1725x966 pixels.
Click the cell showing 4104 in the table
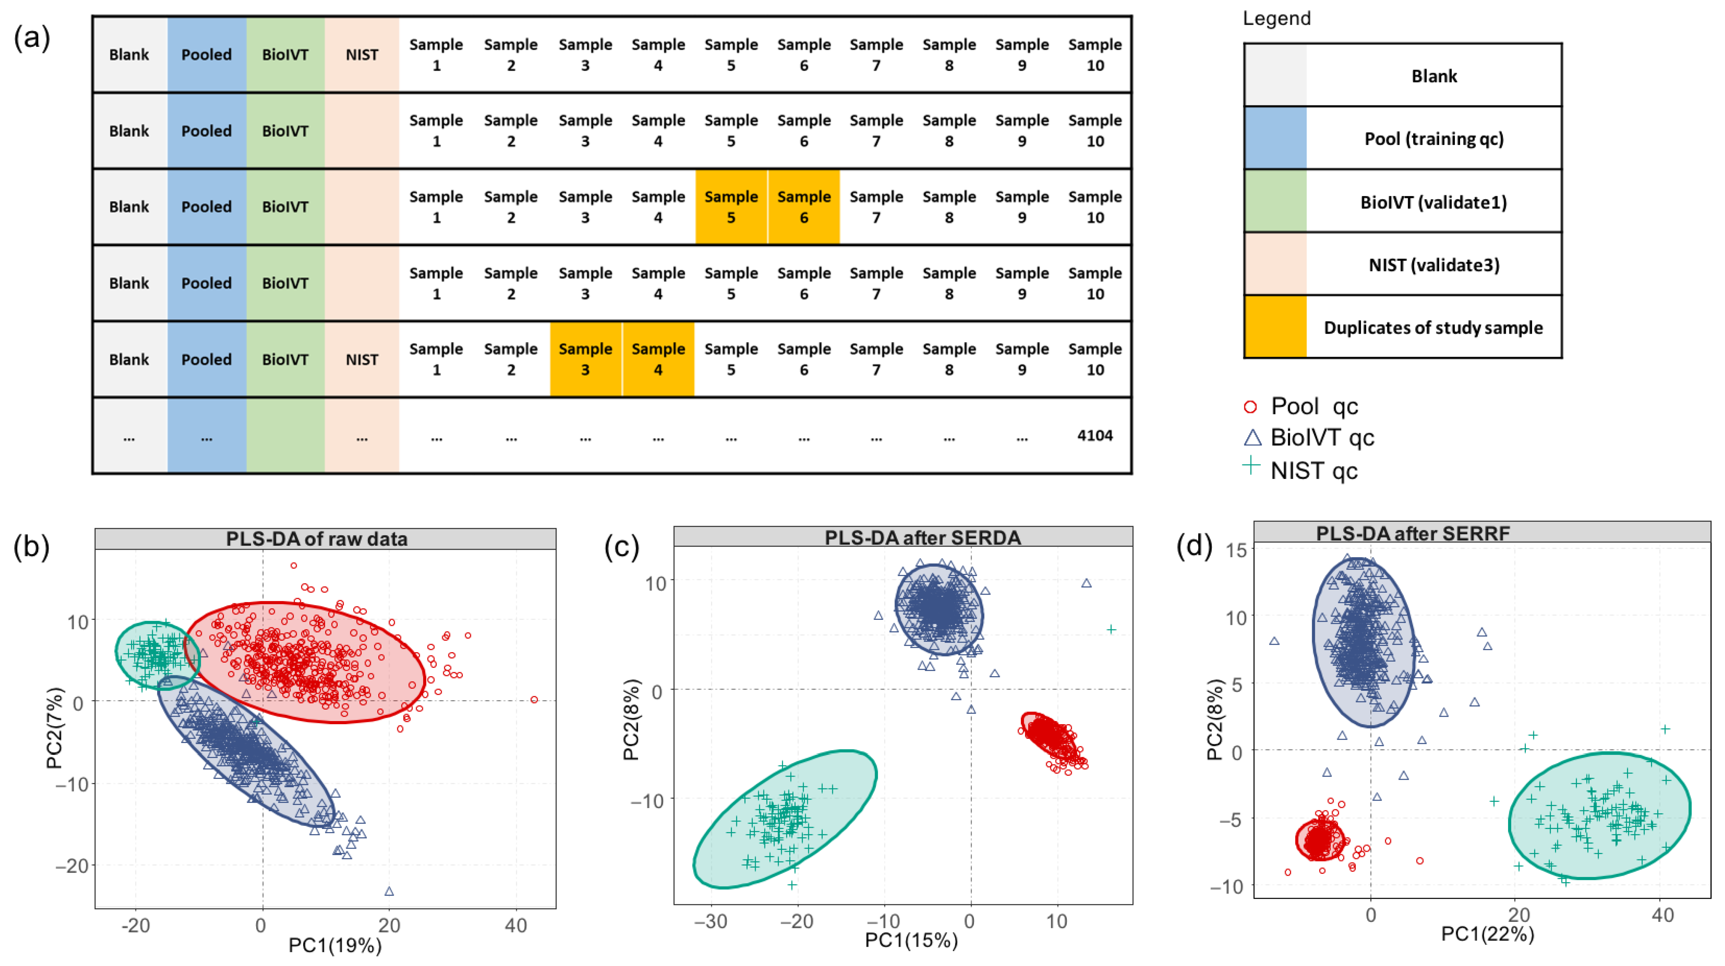click(x=1094, y=436)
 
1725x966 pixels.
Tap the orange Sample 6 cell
click(x=803, y=207)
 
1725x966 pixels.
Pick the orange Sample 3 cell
click(x=585, y=359)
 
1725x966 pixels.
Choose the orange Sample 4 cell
click(x=658, y=359)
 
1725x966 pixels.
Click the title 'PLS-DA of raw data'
click(x=317, y=539)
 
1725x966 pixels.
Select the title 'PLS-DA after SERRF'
click(x=1413, y=533)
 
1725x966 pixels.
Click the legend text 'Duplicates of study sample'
click(x=1433, y=328)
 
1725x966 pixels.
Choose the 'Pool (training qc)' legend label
click(x=1433, y=139)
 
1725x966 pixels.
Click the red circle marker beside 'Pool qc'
click(x=1250, y=407)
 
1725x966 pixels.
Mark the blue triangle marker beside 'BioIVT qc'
click(x=1252, y=438)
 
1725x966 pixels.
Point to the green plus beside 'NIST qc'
click(x=1251, y=465)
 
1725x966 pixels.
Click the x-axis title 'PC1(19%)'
click(x=335, y=945)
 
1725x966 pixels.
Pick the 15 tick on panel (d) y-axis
click(x=1236, y=550)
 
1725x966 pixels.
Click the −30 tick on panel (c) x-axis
click(x=711, y=922)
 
